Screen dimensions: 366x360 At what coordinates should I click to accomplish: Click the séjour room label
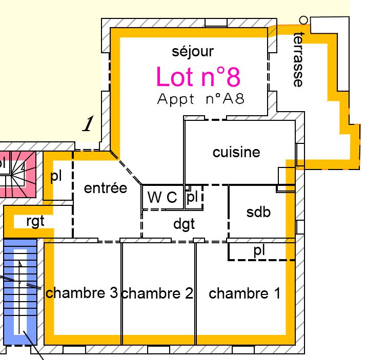point(193,52)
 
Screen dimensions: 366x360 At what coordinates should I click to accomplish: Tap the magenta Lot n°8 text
point(198,77)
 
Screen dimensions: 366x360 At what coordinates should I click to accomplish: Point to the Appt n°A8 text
point(201,99)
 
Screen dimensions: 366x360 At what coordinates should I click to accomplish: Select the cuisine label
point(236,152)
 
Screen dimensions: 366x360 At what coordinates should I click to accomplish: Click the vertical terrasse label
point(298,60)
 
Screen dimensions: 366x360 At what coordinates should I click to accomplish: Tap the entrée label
point(106,188)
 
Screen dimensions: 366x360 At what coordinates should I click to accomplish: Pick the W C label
point(162,197)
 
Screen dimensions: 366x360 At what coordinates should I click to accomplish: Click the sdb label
point(258,212)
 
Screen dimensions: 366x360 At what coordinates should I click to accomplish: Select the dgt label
point(184,224)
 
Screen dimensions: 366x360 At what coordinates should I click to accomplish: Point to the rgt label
point(35,221)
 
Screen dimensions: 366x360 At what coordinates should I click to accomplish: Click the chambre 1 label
point(245,293)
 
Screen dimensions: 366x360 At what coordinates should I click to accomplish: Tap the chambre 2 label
point(157,293)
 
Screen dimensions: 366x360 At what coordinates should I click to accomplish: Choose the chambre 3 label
point(82,293)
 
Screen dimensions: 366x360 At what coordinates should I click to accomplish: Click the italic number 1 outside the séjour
point(88,123)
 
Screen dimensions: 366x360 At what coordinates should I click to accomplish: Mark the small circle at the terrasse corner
point(303,20)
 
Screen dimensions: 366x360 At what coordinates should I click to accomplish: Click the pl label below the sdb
point(259,251)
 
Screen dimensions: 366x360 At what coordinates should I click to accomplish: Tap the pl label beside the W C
point(192,197)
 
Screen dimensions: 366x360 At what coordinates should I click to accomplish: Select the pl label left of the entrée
point(56,177)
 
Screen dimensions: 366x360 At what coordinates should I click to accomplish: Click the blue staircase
point(21,292)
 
